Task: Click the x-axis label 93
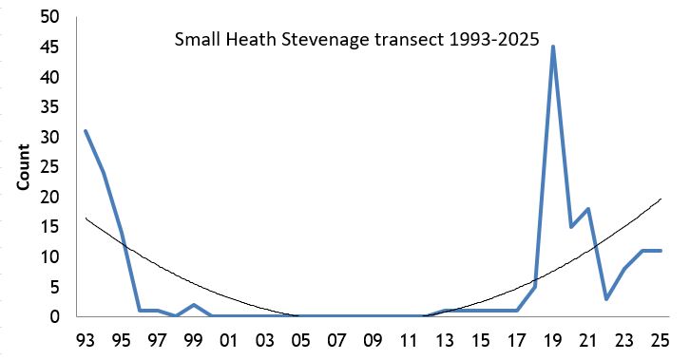(86, 340)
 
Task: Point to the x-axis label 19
(552, 340)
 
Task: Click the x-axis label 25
(660, 340)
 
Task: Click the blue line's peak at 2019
(552, 47)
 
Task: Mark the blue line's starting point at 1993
(86, 131)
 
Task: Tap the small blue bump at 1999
(193, 305)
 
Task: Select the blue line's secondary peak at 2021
(588, 209)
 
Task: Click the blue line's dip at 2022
(606, 299)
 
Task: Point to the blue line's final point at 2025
(660, 251)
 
